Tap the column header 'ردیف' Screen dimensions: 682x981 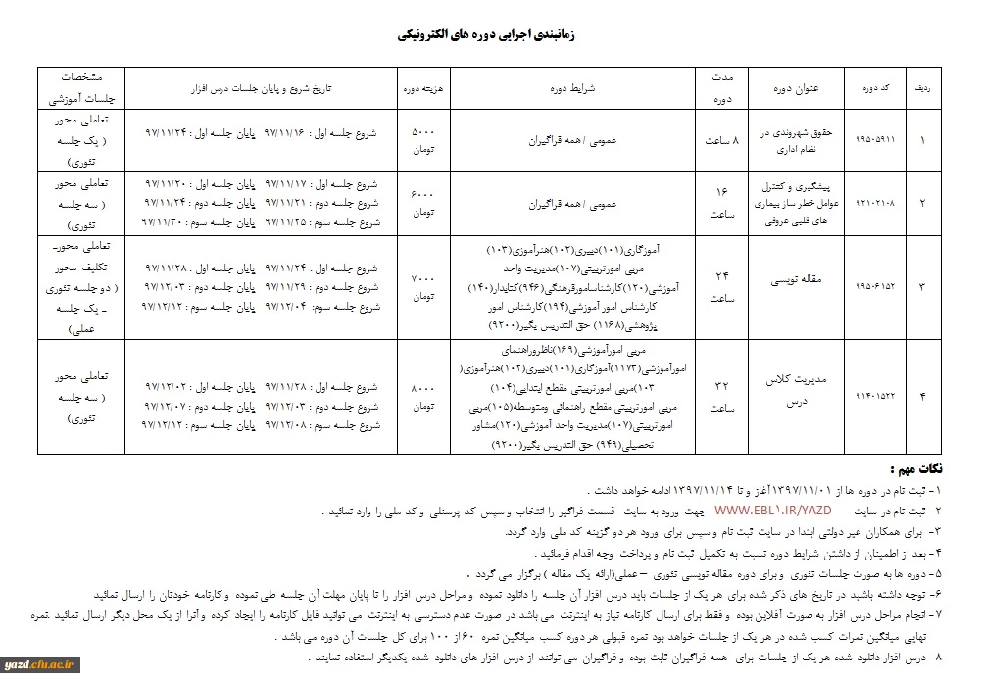click(x=922, y=87)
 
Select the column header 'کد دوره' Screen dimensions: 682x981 click(x=866, y=87)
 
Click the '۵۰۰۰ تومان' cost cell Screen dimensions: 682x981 click(x=417, y=139)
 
